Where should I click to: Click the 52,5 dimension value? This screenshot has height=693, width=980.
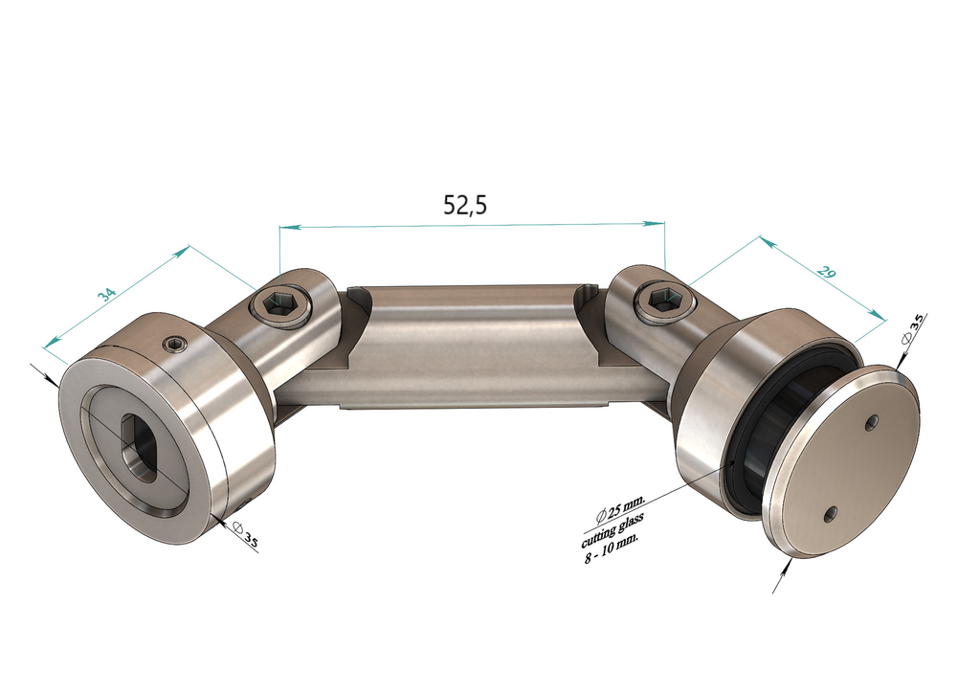465,204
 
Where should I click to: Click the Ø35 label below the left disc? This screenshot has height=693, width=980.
247,538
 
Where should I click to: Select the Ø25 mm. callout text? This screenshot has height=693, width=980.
621,504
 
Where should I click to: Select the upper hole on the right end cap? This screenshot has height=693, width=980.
871,422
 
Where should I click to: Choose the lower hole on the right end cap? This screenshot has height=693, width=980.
831,514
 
